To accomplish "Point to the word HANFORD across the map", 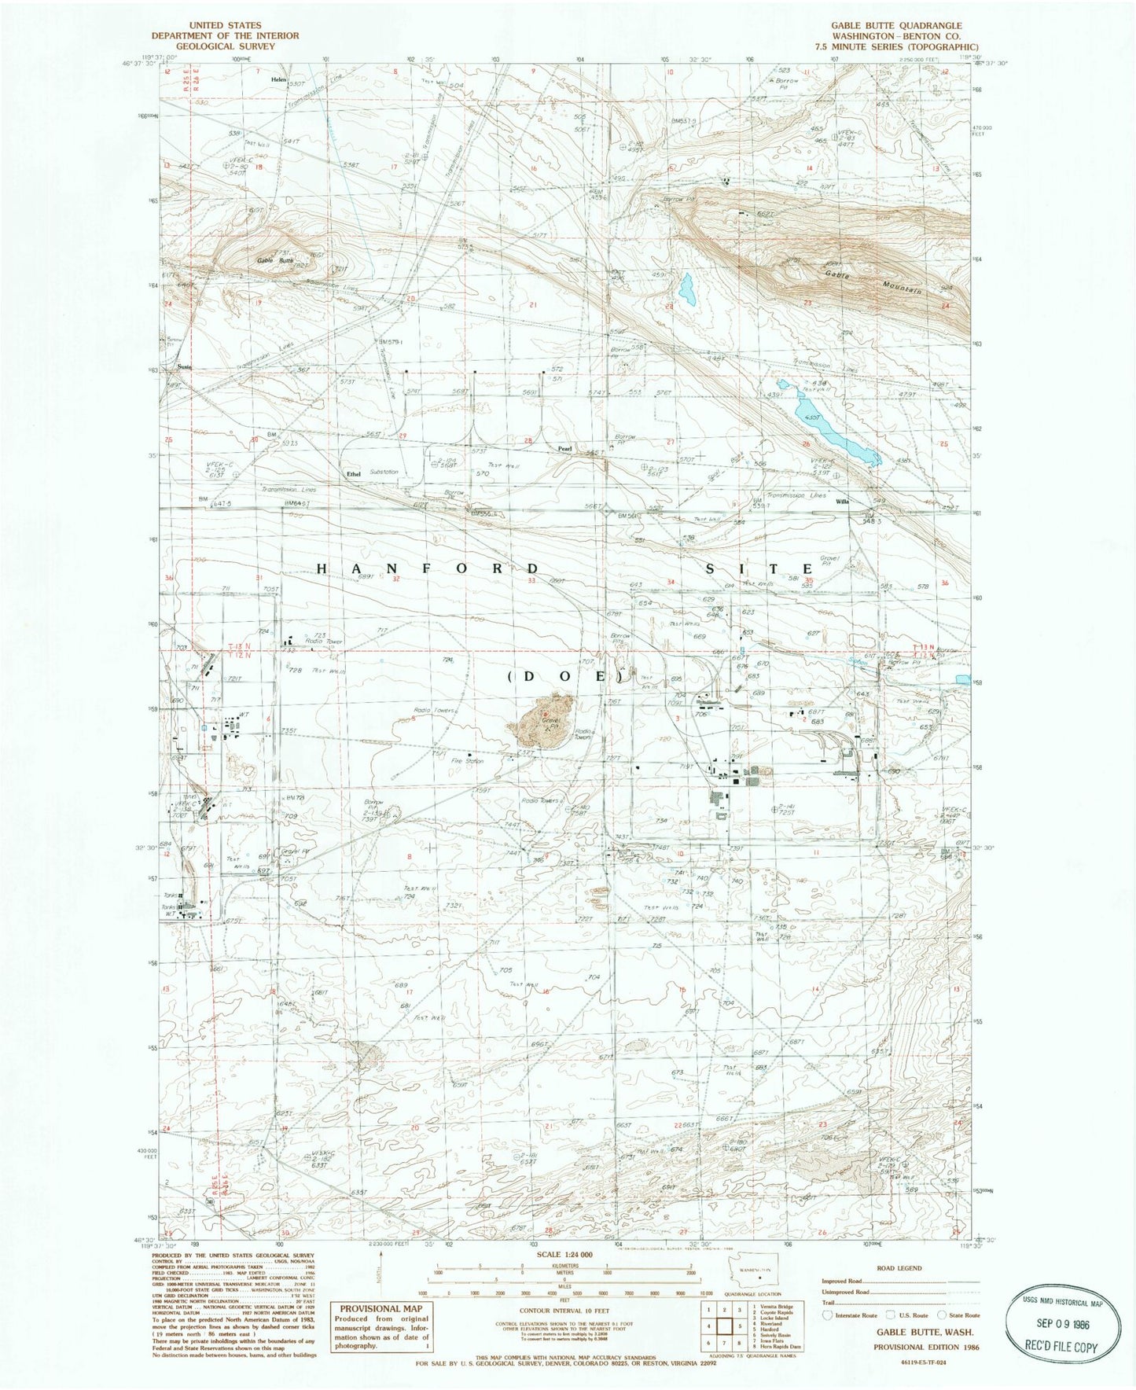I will coord(428,568).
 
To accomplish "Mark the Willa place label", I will coord(843,501).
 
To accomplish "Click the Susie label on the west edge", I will coord(184,366).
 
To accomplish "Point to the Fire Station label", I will coord(467,761).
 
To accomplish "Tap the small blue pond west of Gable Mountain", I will coord(688,289).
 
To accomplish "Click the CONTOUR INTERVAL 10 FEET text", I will coord(564,1311).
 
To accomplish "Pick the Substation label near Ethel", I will coord(384,472).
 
